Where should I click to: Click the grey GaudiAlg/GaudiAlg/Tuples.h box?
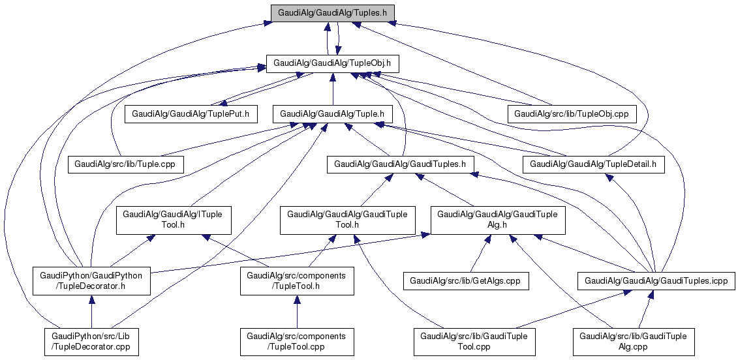click(333, 13)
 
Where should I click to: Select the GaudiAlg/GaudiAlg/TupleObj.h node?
click(333, 63)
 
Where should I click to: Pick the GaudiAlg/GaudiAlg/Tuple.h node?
click(333, 113)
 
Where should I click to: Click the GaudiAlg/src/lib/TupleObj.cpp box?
click(572, 113)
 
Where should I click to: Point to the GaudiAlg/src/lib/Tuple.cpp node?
click(126, 164)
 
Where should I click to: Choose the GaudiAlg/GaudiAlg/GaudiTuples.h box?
click(400, 164)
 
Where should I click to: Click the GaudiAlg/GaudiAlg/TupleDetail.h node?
click(593, 164)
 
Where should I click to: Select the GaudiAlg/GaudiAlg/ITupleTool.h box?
click(173, 220)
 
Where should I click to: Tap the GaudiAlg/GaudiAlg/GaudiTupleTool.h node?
click(347, 220)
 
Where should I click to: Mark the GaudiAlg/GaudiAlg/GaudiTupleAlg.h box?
click(497, 220)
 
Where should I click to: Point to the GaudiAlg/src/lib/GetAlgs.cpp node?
click(466, 281)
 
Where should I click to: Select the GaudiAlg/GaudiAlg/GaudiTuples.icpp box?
click(656, 281)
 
